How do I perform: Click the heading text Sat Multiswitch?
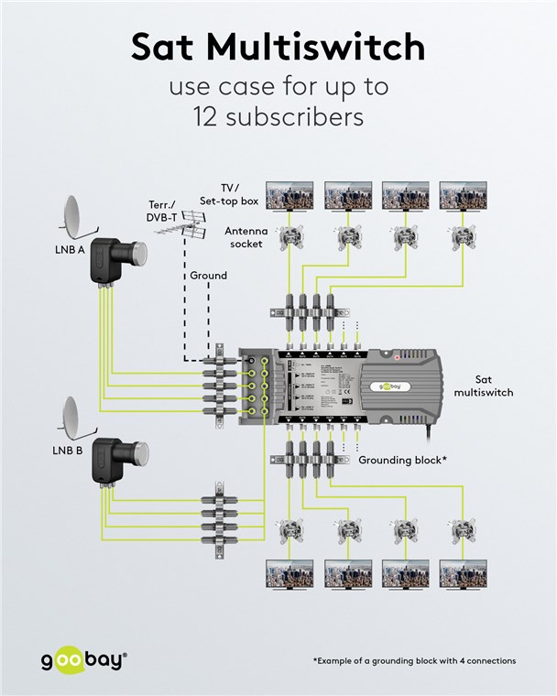click(278, 47)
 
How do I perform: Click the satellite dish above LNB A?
click(76, 216)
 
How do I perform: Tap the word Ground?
click(208, 276)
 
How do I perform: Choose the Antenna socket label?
click(246, 237)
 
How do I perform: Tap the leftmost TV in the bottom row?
click(290, 574)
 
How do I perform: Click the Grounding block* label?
click(402, 460)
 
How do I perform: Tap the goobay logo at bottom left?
click(83, 659)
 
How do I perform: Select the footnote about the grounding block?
click(414, 660)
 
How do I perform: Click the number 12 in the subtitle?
click(211, 117)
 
